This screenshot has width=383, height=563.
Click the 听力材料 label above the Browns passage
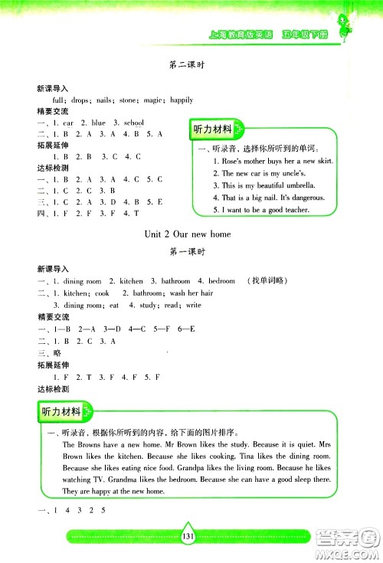point(64,414)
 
